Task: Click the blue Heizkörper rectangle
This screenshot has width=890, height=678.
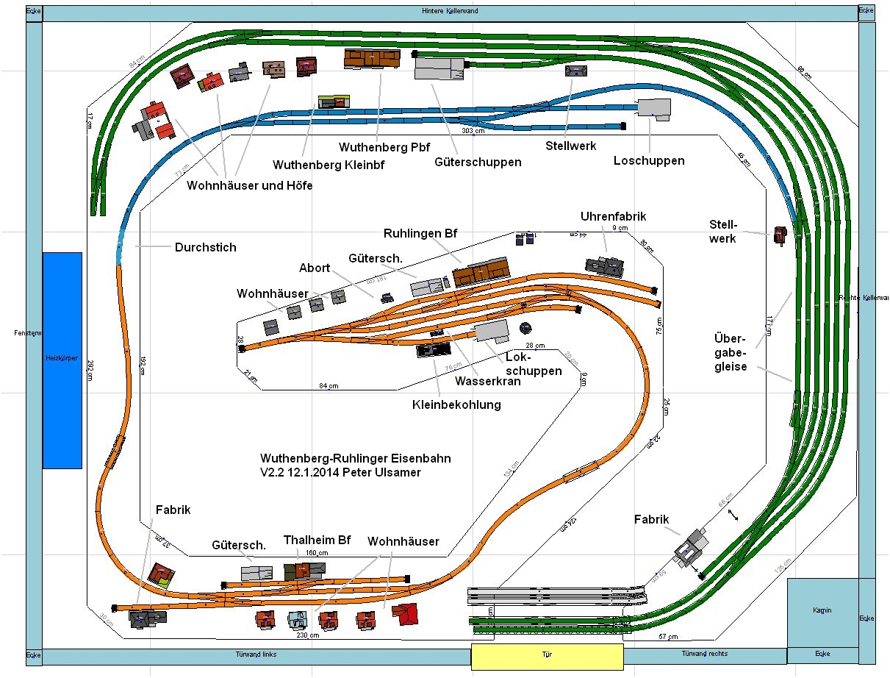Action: coord(62,360)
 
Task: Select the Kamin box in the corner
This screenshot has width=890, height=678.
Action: coord(822,611)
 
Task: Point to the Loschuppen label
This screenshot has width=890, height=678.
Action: coord(649,161)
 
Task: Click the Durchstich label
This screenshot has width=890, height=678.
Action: coord(206,248)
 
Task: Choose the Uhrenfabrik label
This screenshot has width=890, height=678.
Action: coord(613,216)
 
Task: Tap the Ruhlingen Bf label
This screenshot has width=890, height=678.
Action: coord(420,234)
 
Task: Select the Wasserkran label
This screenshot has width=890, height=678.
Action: coord(487,382)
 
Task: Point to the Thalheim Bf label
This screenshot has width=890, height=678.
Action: coord(317,540)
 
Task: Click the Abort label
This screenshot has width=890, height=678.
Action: coord(315,268)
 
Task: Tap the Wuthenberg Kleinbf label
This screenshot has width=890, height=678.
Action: coord(329,165)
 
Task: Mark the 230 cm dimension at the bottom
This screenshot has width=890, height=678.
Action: coord(308,635)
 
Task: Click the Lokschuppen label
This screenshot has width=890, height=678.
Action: coord(534,364)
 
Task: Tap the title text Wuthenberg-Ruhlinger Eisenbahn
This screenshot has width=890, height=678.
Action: coord(356,459)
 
